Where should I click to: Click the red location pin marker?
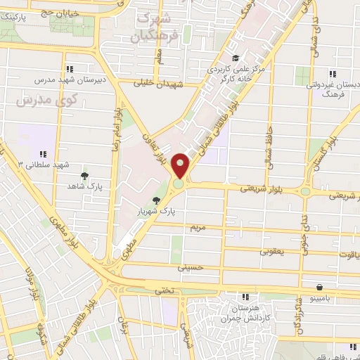181,167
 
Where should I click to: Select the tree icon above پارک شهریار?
166,200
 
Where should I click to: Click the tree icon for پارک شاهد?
84,176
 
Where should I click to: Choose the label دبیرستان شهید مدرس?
69,79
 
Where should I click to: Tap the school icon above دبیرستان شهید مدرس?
69,68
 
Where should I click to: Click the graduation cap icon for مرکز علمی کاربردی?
236,58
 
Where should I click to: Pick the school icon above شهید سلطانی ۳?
42,154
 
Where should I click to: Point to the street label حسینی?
191,268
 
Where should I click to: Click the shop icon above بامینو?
321,287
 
